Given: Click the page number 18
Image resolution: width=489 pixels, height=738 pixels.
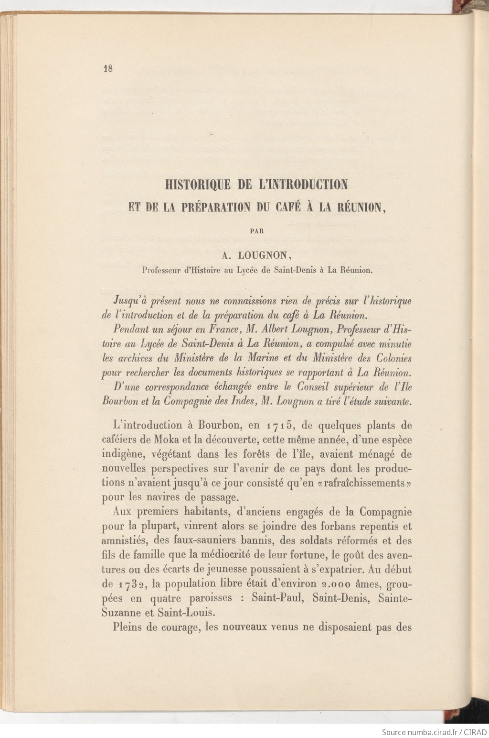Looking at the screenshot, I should (107, 68).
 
